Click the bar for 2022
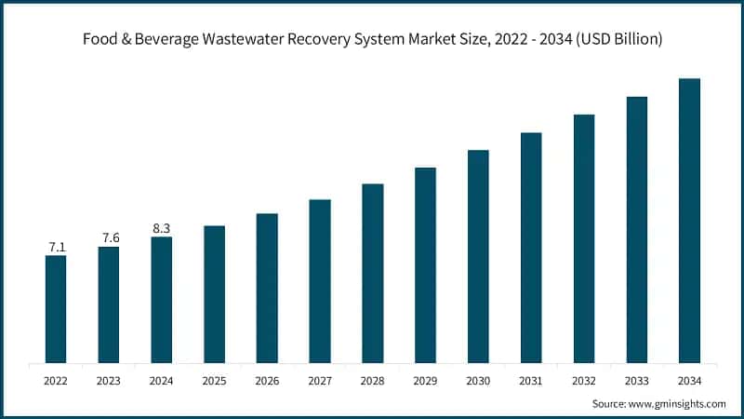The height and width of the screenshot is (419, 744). (56, 309)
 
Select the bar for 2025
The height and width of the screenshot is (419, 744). (214, 294)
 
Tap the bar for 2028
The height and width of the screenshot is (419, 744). (372, 273)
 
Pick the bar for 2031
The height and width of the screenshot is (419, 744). (531, 248)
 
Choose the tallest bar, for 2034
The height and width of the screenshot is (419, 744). (689, 221)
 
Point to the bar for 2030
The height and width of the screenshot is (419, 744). (478, 256)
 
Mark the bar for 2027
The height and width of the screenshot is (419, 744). (320, 281)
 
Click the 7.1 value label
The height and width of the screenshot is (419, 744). (56, 247)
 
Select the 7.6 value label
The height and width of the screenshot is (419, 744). (109, 238)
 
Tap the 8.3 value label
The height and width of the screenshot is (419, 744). (161, 228)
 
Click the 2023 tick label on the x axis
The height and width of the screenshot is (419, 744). (109, 380)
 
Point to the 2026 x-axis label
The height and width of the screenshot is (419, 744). (267, 380)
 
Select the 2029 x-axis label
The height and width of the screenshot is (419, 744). (425, 380)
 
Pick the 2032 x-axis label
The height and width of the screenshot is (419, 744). (583, 380)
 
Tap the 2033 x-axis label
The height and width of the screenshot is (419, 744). (636, 380)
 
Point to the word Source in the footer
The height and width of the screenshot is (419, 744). (610, 403)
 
